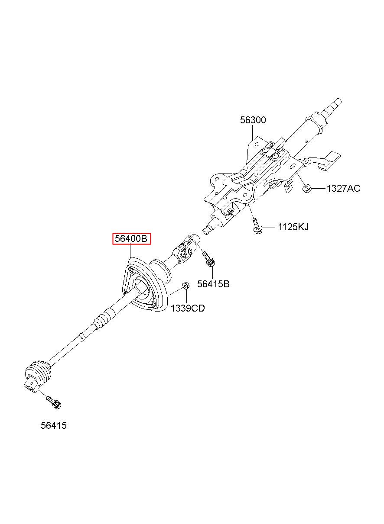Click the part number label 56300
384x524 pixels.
point(253,120)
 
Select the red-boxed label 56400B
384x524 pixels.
point(131,238)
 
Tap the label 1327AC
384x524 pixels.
point(343,188)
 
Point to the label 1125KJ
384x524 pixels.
point(293,227)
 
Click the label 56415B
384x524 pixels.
point(213,284)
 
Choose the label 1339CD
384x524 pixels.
point(187,308)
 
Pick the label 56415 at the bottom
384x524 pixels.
point(54,425)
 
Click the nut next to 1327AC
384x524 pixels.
point(306,188)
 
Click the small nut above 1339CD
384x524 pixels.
point(185,285)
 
